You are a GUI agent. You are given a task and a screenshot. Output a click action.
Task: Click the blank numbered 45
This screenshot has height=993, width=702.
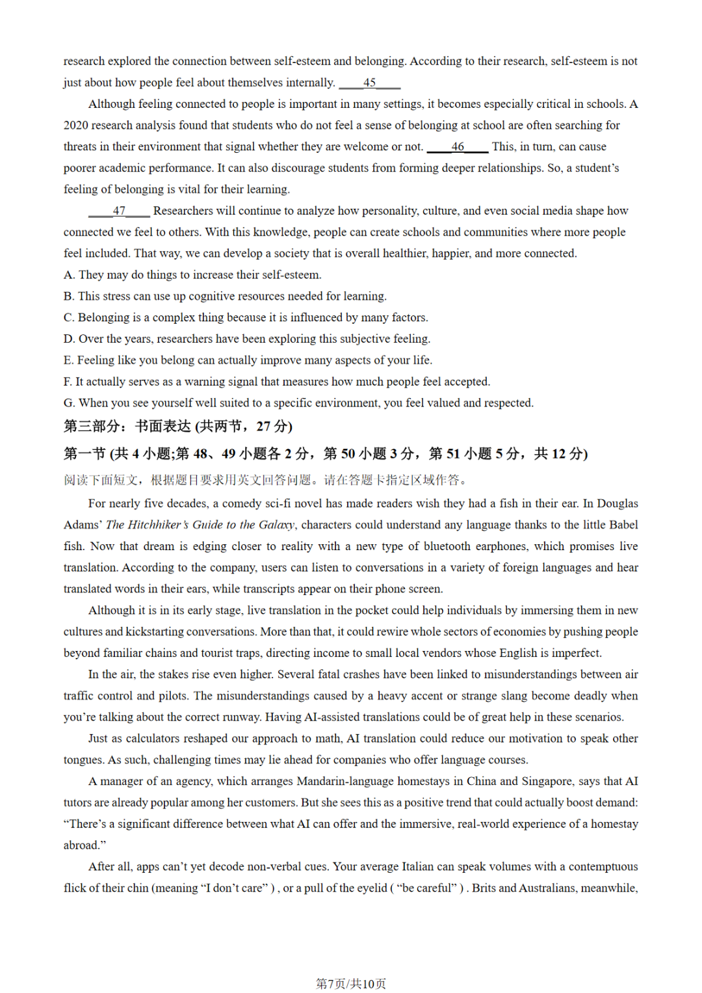[369, 83]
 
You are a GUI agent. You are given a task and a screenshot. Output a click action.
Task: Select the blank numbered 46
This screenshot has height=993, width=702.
[458, 147]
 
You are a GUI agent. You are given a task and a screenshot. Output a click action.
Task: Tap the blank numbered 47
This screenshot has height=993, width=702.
[119, 211]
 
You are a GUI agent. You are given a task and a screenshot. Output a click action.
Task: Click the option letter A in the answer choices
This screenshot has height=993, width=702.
[68, 275]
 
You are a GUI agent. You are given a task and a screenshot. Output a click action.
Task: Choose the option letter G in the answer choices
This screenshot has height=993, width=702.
[69, 403]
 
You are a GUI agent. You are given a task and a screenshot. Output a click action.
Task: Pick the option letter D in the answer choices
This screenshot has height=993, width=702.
[69, 339]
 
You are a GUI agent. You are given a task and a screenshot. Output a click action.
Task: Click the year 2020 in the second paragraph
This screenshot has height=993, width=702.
[76, 126]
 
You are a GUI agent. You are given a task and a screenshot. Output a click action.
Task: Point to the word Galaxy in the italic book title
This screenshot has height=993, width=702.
[277, 525]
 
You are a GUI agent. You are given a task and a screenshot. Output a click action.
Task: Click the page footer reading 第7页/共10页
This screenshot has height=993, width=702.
[351, 984]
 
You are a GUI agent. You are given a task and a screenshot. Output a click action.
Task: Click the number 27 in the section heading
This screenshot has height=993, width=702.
[263, 427]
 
